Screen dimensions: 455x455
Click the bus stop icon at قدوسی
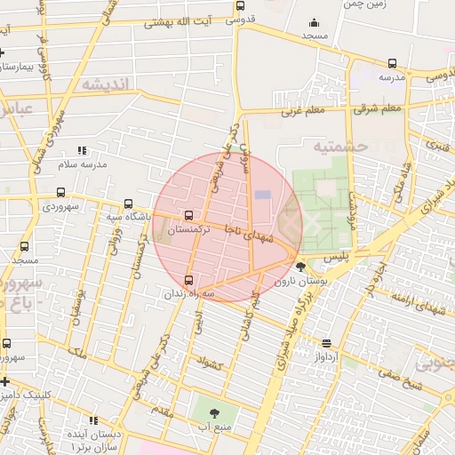point(240,6)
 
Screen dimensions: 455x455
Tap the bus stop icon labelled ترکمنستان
point(188,215)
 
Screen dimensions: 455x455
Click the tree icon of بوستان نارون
point(300,267)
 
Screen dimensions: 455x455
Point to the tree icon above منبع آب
point(213,413)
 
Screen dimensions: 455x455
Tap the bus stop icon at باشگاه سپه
point(130,204)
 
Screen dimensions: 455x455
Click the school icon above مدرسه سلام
point(83,151)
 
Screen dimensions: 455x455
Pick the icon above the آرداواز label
point(327,343)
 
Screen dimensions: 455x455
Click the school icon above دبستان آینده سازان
point(93,419)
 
